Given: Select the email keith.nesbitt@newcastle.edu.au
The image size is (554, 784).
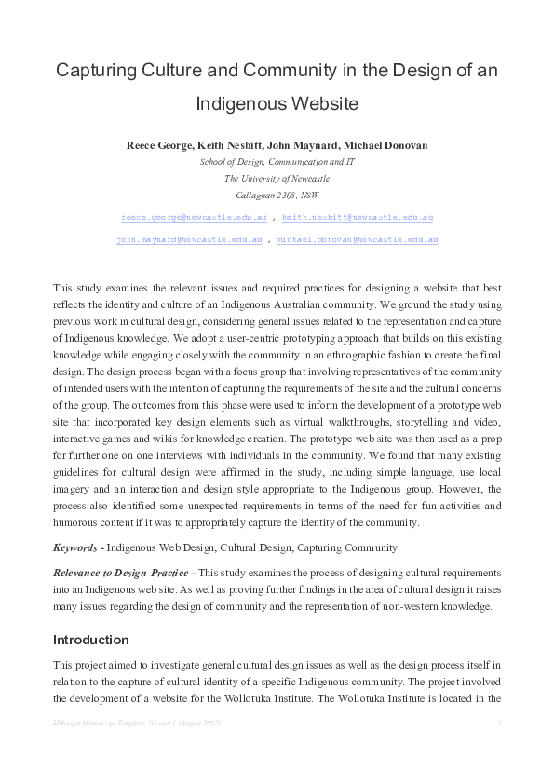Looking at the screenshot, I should pos(358,217).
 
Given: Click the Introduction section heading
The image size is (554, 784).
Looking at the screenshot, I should pos(91,640).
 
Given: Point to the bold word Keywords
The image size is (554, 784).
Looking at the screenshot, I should pos(74,547).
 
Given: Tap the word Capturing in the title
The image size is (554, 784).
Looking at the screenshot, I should pos(95,70).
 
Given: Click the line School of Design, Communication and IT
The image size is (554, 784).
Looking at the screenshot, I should pos(277,161).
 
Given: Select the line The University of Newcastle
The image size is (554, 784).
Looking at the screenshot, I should pos(277,178).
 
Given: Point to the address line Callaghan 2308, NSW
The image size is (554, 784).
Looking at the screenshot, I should pos(277,195).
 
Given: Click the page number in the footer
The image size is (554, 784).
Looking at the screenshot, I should pos(500,723).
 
